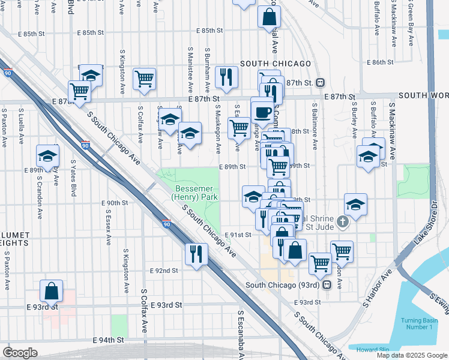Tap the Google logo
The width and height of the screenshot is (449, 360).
pyautogui.click(x=20, y=353)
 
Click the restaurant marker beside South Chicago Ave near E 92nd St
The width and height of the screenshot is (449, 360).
pyautogui.click(x=196, y=254)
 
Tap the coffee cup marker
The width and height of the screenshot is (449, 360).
pyautogui.click(x=262, y=111)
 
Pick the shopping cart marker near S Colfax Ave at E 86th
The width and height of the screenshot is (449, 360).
pyautogui.click(x=144, y=79)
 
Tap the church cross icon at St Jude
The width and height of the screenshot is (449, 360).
pyautogui.click(x=342, y=223)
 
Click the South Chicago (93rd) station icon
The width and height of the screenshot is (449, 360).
pyautogui.click(x=327, y=285)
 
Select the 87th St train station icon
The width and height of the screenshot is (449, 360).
pyautogui.click(x=321, y=82)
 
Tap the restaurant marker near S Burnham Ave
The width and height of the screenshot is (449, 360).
pyautogui.click(x=226, y=76)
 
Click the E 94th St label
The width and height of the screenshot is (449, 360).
pyautogui.click(x=108, y=340)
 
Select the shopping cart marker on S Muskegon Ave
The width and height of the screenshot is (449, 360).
pyautogui.click(x=239, y=127)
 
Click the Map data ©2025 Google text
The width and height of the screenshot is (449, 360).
pyautogui.click(x=412, y=355)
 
